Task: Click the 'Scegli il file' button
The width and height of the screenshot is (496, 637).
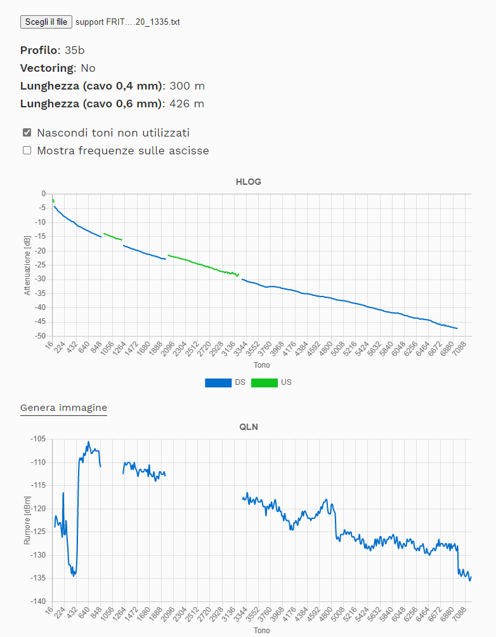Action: point(46,22)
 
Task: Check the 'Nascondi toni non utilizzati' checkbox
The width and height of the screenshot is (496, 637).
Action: point(27,133)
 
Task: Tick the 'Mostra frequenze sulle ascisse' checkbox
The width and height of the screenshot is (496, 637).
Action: point(27,151)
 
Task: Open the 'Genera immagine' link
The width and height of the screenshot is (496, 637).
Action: point(63,408)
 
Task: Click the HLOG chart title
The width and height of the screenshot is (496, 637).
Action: point(248,182)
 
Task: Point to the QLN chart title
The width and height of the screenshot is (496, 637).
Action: point(248,427)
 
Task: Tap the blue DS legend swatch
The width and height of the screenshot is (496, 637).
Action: point(218,382)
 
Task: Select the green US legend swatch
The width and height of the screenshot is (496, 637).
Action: point(264,382)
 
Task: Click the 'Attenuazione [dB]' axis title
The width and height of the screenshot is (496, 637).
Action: point(27,265)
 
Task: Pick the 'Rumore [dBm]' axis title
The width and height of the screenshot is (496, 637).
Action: point(27,520)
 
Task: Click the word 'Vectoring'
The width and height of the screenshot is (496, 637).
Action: point(47,68)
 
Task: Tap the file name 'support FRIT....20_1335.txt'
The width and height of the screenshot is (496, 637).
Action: point(127,22)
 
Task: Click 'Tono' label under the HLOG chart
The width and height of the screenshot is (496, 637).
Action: point(261,366)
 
